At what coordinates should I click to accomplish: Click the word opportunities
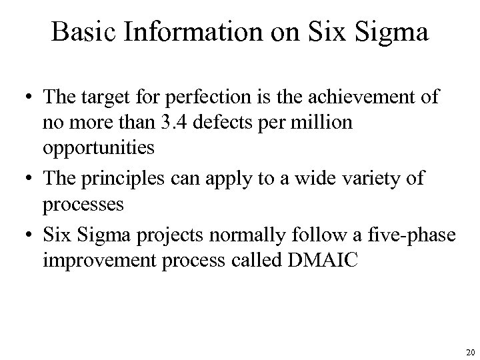point(99,148)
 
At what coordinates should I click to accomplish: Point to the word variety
point(385,178)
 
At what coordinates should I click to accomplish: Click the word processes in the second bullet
point(83,203)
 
